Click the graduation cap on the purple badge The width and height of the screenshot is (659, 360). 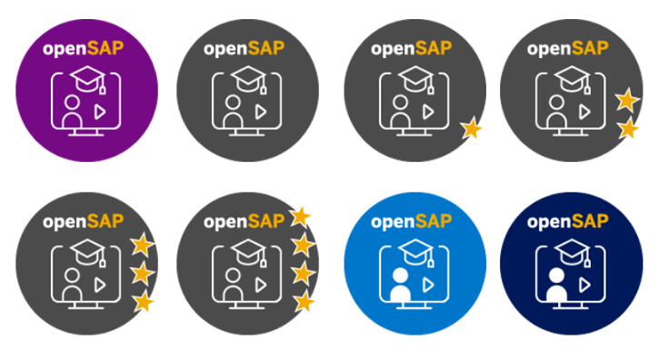(87, 79)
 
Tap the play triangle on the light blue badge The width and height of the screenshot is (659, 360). (428, 285)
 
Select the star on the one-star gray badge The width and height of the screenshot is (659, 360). (471, 128)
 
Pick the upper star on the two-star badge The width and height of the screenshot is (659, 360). (627, 100)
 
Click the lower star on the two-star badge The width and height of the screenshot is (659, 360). (628, 129)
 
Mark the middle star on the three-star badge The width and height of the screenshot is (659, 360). (142, 274)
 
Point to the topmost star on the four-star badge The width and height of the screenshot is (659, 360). (300, 217)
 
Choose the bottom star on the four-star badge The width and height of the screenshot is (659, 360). (305, 302)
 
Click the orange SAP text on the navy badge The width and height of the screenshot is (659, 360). (590, 221)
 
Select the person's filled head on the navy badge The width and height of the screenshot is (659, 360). (556, 275)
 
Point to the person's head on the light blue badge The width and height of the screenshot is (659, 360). (400, 275)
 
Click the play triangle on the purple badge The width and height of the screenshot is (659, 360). (100, 112)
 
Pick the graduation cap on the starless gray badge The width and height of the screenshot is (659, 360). (248, 79)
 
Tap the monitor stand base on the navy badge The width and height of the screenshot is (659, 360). (570, 307)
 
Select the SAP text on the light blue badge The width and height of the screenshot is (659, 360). (434, 221)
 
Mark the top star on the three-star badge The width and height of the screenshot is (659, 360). (142, 245)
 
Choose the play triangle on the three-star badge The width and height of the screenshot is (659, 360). (100, 285)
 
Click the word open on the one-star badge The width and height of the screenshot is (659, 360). (393, 50)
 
